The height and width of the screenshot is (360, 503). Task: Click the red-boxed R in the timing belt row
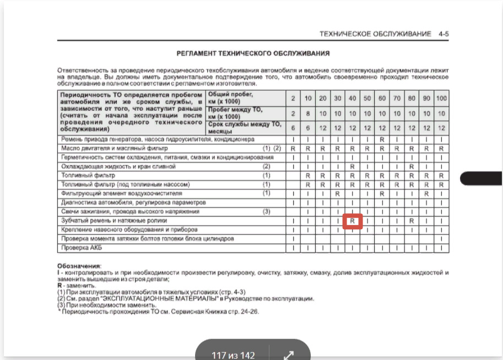[x=351, y=221]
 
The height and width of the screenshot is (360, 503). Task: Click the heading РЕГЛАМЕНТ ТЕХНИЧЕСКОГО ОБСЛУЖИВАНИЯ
[x=253, y=53]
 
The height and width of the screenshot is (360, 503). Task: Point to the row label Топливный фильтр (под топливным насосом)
[x=127, y=185]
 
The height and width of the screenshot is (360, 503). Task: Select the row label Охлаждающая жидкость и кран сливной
[x=118, y=166]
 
